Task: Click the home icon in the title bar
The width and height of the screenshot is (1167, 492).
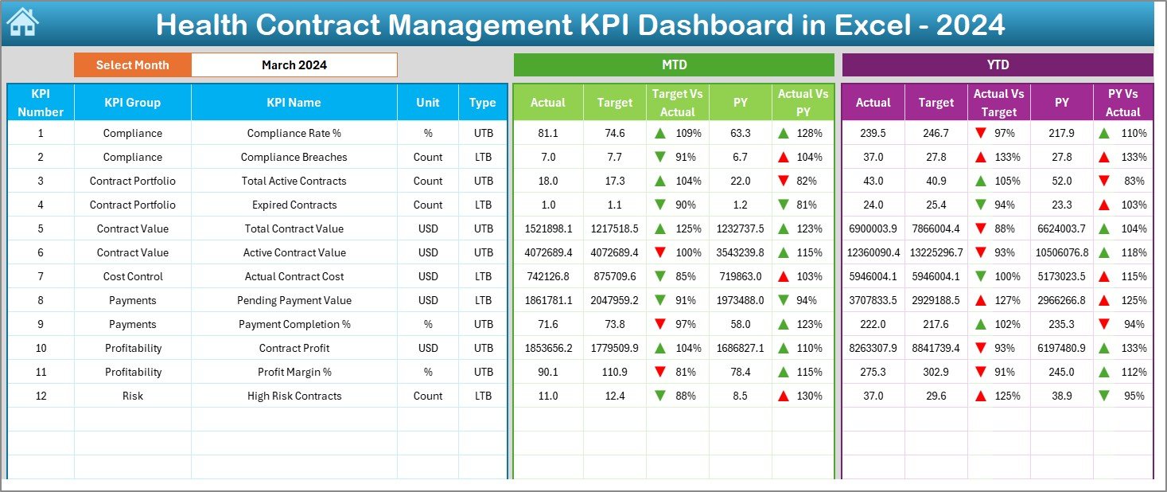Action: (22, 22)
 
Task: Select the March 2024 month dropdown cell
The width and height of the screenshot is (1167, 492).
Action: (294, 65)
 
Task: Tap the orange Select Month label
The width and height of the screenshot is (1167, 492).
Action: (132, 65)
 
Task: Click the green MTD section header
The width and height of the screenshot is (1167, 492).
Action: (674, 64)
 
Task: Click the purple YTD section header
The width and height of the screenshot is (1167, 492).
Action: (997, 64)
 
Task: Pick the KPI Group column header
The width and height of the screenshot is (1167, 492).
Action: (132, 103)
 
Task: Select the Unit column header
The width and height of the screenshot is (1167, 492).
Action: (428, 103)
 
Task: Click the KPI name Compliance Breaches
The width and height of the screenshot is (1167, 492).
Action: (294, 157)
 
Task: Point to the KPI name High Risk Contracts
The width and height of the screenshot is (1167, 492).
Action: (294, 396)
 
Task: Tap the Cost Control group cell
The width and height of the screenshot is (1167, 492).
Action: (132, 276)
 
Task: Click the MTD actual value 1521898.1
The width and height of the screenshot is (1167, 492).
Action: (548, 228)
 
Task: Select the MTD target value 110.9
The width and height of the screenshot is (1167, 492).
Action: (614, 372)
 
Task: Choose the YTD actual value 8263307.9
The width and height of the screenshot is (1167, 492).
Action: (873, 348)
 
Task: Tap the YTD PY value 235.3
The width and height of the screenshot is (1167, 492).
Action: (1061, 324)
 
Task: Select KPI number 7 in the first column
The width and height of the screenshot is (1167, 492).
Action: (41, 276)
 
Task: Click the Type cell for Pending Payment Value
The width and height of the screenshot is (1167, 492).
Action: (483, 300)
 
